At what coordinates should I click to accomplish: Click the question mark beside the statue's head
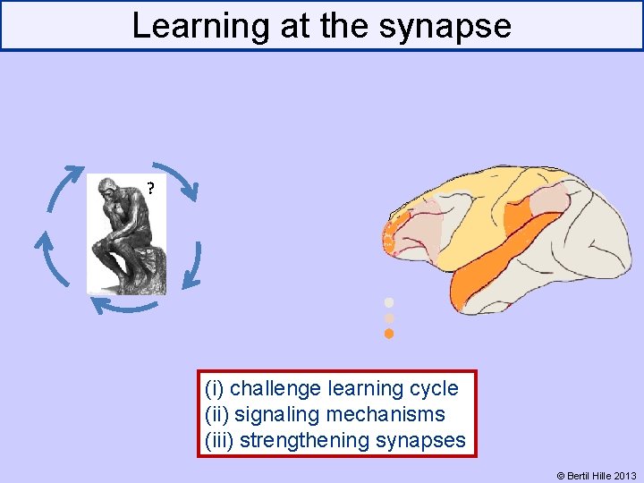pyautogui.click(x=150, y=189)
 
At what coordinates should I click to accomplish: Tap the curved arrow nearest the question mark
pyautogui.click(x=174, y=179)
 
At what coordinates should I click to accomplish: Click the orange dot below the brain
pyautogui.click(x=388, y=334)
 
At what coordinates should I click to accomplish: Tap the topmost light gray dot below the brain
pyautogui.click(x=388, y=302)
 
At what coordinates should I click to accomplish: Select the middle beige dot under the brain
pyautogui.click(x=388, y=318)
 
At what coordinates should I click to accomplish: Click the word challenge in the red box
pyautogui.click(x=276, y=388)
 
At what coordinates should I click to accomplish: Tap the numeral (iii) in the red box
pyautogui.click(x=219, y=440)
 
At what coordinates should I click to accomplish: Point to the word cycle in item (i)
pyautogui.click(x=432, y=388)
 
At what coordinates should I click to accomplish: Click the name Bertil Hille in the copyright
pyautogui.click(x=591, y=476)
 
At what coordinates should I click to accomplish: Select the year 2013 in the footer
pyautogui.click(x=626, y=476)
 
